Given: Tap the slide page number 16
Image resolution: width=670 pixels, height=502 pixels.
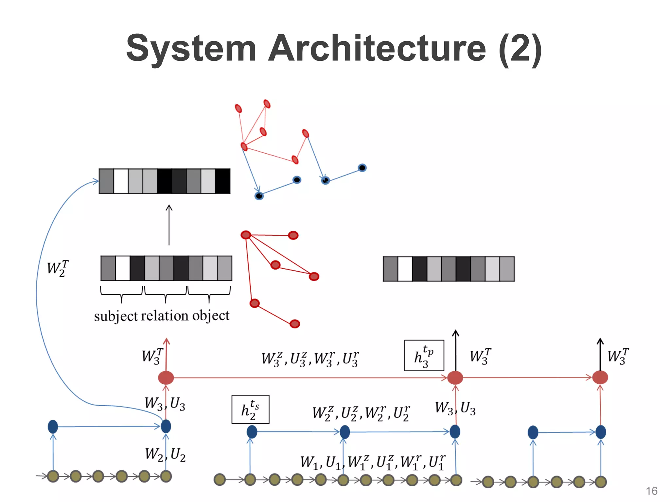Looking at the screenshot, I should tap(651, 491).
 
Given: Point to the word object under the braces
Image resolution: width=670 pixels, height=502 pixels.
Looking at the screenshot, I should tap(211, 316).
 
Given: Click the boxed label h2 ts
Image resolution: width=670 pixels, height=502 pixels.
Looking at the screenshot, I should tap(250, 410).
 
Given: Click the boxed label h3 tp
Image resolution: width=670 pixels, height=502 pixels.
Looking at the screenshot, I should tap(424, 356).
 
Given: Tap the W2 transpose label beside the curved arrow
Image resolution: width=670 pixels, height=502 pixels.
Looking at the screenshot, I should tap(58, 268).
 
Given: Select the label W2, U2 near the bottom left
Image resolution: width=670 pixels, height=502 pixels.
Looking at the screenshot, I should tap(165, 455).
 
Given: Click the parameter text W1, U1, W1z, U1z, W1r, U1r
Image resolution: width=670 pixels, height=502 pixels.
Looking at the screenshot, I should tap(373, 462).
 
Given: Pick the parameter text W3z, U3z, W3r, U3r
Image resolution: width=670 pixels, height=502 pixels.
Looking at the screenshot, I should tap(310, 359).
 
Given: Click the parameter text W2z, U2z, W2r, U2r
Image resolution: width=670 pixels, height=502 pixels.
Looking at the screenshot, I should tap(361, 413).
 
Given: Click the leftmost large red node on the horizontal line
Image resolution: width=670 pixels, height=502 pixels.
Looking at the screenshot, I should tap(166, 377).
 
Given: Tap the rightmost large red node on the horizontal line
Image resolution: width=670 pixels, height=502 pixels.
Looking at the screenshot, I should tap(600, 377).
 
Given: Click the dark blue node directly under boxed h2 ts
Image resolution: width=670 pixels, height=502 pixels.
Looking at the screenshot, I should tap(252, 432).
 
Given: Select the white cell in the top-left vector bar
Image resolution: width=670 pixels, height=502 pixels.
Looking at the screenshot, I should tap(121, 181).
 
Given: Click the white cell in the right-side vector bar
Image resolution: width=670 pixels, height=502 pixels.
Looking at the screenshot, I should tap(405, 269).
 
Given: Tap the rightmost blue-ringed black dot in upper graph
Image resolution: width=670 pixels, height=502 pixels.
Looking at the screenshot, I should tap(362, 168).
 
